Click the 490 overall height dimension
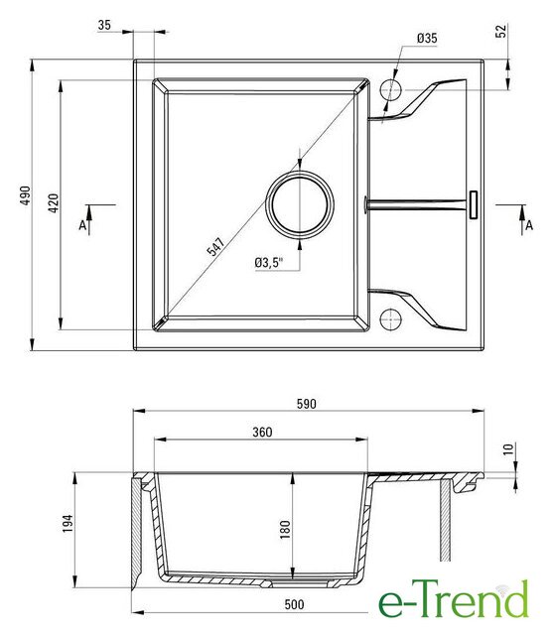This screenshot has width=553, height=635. (x=26, y=195)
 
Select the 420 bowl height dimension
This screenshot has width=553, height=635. (x=53, y=203)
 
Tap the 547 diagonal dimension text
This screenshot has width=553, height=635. (x=215, y=247)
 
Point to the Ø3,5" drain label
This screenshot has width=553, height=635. (x=269, y=262)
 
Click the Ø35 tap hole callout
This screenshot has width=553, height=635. (x=427, y=39)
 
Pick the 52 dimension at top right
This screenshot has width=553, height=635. (x=501, y=31)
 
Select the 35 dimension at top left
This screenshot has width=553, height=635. (x=104, y=25)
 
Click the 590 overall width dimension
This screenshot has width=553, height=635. (x=306, y=404)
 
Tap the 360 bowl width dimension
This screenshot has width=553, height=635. (x=262, y=433)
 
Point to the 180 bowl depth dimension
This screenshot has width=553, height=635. (x=285, y=529)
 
